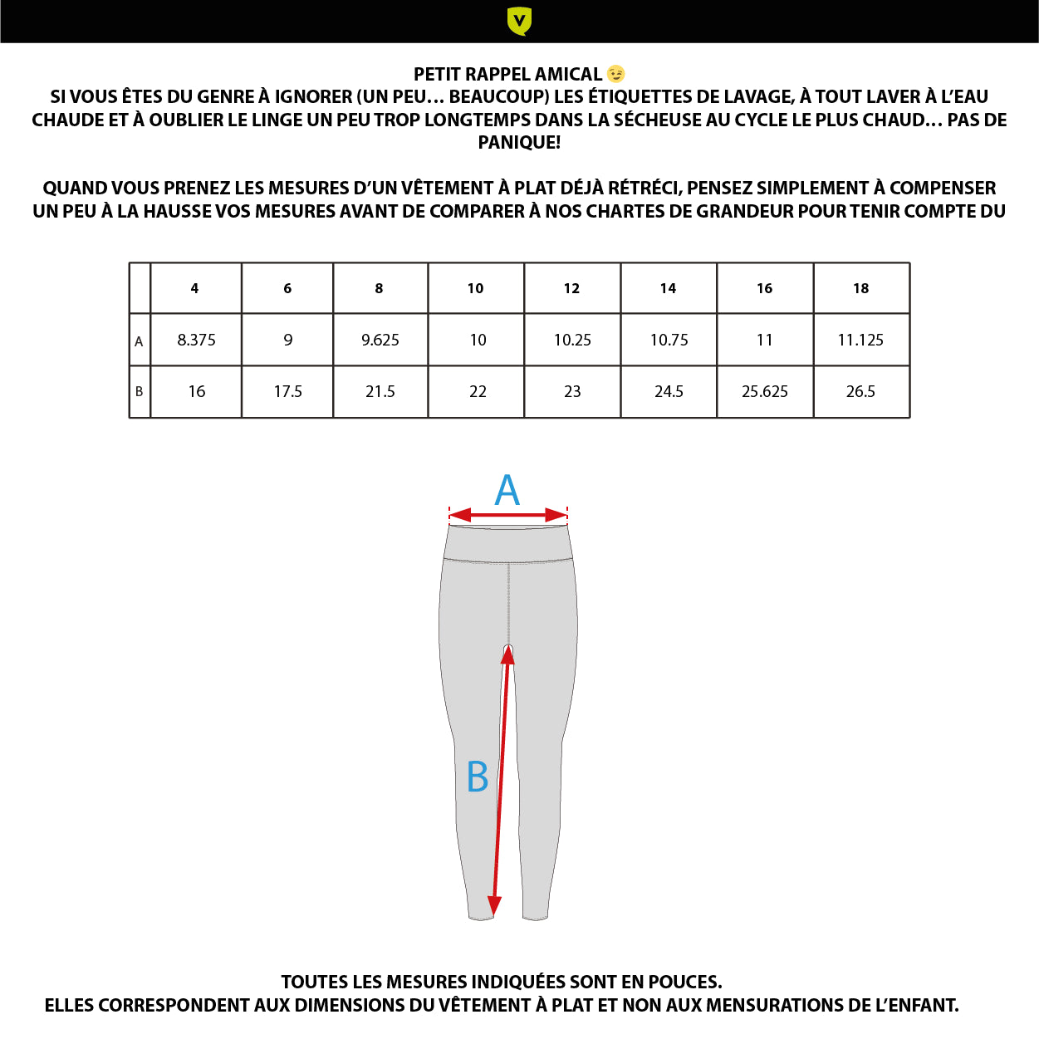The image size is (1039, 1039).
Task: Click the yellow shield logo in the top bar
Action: click(x=519, y=21)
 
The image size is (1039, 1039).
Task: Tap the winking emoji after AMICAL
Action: click(x=616, y=74)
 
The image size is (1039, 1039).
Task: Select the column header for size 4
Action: click(x=195, y=288)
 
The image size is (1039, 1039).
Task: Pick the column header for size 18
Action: click(x=861, y=288)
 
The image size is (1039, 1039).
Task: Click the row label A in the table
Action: click(x=140, y=341)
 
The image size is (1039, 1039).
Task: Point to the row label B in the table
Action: click(x=140, y=391)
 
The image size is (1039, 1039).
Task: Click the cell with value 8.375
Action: click(x=197, y=340)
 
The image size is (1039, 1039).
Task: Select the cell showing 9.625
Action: click(x=380, y=340)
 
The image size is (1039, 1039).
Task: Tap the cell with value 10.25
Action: click(x=572, y=340)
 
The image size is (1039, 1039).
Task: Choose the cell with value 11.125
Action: click(x=860, y=340)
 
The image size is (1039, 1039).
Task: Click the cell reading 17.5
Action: click(x=288, y=391)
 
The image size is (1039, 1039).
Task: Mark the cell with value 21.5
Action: click(x=380, y=391)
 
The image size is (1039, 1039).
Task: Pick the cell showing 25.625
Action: click(x=765, y=391)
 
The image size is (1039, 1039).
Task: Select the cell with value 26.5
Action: click(x=860, y=391)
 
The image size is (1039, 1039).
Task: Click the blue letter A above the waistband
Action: click(x=507, y=490)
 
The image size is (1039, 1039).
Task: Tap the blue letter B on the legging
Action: click(x=478, y=777)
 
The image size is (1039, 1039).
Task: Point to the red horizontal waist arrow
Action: click(x=508, y=516)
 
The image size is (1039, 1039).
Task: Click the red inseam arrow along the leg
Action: click(x=501, y=781)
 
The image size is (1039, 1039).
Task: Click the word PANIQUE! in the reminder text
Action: click(x=519, y=142)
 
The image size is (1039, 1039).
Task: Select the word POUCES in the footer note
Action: click(x=686, y=982)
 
